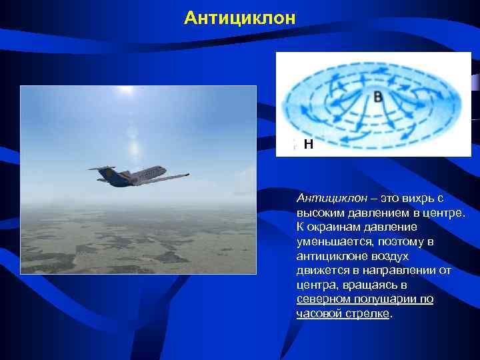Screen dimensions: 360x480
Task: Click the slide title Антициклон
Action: [239, 17]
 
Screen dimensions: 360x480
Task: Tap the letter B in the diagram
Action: [378, 97]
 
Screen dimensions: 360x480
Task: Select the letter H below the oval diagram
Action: [308, 143]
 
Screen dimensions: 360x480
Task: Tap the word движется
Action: [323, 270]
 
